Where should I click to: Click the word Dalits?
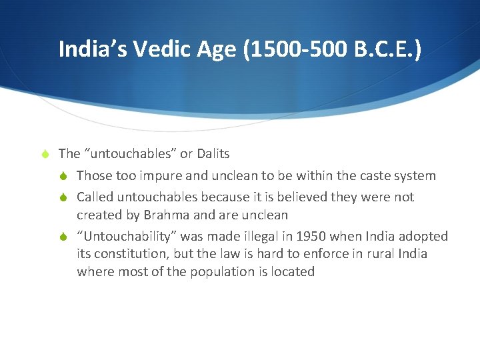(213, 154)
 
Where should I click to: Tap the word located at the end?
(291, 272)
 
